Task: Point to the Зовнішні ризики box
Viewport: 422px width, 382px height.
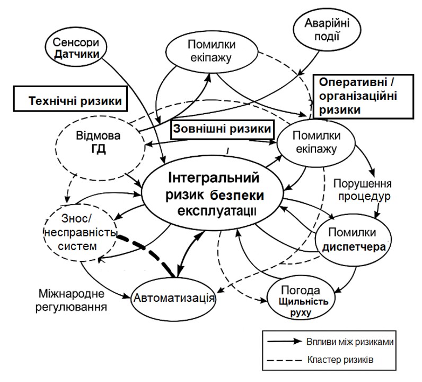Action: [222, 129]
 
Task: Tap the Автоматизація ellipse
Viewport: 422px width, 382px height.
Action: [173, 299]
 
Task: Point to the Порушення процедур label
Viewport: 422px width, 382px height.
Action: [362, 190]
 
